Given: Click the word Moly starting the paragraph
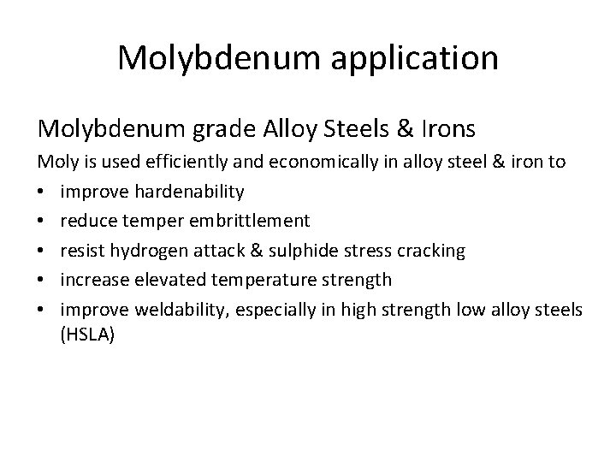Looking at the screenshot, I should tap(56, 161).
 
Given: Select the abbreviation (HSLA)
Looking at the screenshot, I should tap(87, 336).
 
